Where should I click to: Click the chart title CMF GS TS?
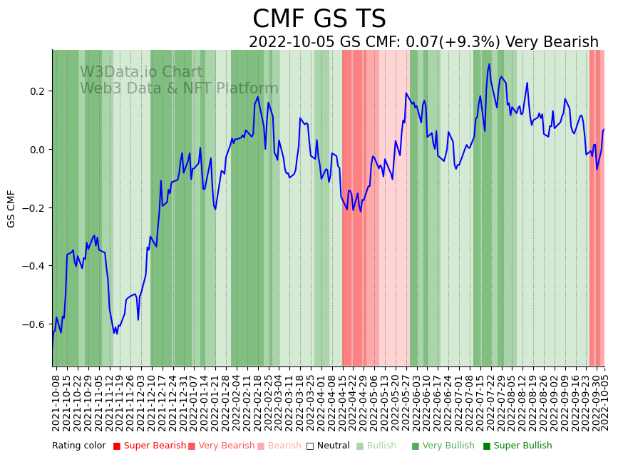click(x=319, y=19)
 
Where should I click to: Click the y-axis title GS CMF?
click(x=11, y=208)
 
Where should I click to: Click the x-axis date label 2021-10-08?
click(x=56, y=402)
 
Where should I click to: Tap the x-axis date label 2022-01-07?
click(x=192, y=402)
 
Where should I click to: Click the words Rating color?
click(x=78, y=446)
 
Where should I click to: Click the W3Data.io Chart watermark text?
click(x=141, y=72)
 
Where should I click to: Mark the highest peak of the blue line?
click(x=489, y=64)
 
